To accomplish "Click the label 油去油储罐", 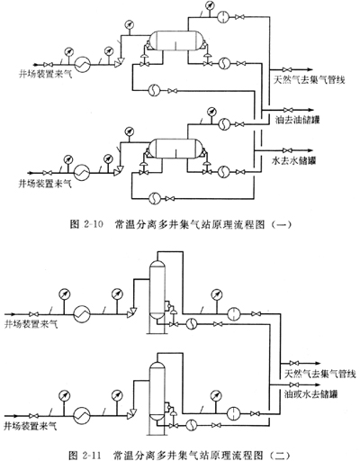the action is pyautogui.click(x=298, y=120).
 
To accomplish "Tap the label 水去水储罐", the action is pyautogui.click(x=294, y=160).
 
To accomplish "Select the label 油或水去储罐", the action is pyautogui.click(x=310, y=393).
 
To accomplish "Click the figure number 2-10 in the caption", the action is pyautogui.click(x=93, y=224).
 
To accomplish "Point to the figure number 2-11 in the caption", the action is pyautogui.click(x=91, y=455).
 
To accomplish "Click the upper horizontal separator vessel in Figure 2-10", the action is pyautogui.click(x=176, y=41).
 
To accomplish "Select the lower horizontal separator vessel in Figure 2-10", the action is pyautogui.click(x=176, y=149).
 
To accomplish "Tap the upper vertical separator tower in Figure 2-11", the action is pyautogui.click(x=157, y=289).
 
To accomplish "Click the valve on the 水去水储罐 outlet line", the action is pyautogui.click(x=288, y=150).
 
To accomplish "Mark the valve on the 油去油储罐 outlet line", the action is pyautogui.click(x=288, y=110).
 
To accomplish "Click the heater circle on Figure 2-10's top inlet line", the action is pyautogui.click(x=82, y=64).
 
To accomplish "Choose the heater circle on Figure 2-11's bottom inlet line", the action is pyautogui.click(x=82, y=416).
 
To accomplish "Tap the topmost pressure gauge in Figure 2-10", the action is pyautogui.click(x=210, y=5).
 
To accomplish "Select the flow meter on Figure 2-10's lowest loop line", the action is pyautogui.click(x=155, y=198).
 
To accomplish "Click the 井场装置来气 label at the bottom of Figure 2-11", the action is pyautogui.click(x=31, y=426).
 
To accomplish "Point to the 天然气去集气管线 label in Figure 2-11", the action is pyautogui.click(x=319, y=374).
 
